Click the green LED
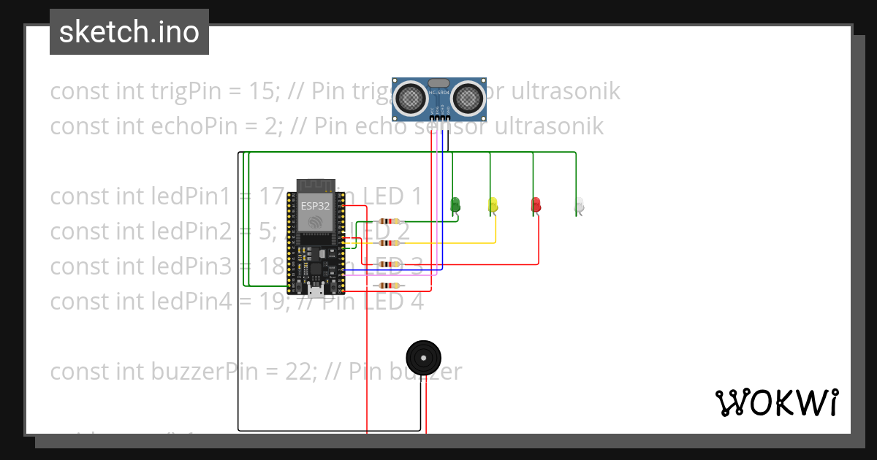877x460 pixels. click(x=455, y=204)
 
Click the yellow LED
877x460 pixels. click(x=493, y=204)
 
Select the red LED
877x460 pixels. click(x=536, y=204)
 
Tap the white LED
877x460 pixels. click(x=580, y=205)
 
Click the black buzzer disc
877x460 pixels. click(x=423, y=358)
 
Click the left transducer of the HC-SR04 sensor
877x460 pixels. click(x=411, y=96)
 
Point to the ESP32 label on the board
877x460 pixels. click(x=315, y=206)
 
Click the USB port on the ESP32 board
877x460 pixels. click(x=316, y=291)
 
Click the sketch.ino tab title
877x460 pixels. click(x=129, y=32)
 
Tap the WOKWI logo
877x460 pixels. click(x=776, y=402)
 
